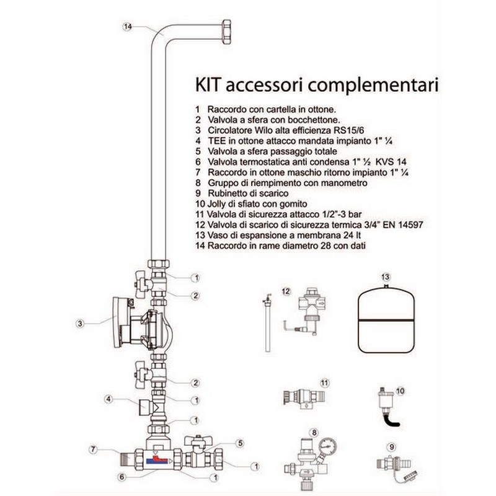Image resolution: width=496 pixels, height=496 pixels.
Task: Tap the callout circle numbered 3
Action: pos(80,322)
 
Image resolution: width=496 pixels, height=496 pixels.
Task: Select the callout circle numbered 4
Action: pos(108,399)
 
